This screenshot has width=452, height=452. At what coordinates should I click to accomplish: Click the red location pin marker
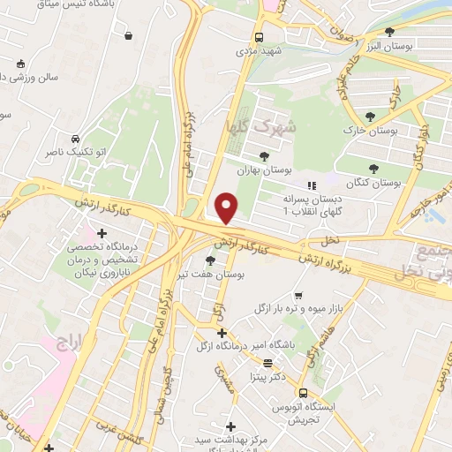[227, 207]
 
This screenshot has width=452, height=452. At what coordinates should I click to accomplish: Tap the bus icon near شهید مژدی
[259, 37]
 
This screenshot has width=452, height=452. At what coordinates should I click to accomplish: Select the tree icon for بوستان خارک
[370, 117]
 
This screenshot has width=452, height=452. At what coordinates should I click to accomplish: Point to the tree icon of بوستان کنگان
[374, 168]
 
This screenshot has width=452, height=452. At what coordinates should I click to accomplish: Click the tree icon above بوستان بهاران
[264, 156]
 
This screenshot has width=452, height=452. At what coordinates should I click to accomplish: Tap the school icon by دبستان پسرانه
[310, 185]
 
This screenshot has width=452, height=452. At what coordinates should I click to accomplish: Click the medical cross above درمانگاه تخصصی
[102, 234]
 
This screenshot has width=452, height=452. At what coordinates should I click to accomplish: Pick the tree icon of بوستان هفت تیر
[209, 260]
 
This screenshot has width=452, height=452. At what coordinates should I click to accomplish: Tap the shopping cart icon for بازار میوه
[298, 296]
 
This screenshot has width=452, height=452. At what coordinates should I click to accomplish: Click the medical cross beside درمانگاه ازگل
[222, 333]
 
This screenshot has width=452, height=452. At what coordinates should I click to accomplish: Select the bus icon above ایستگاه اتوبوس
[303, 392]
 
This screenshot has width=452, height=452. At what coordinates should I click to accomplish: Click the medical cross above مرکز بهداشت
[230, 426]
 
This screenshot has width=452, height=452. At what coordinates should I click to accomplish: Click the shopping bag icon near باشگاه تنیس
[130, 36]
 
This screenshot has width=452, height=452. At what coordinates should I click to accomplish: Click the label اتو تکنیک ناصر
[76, 153]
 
